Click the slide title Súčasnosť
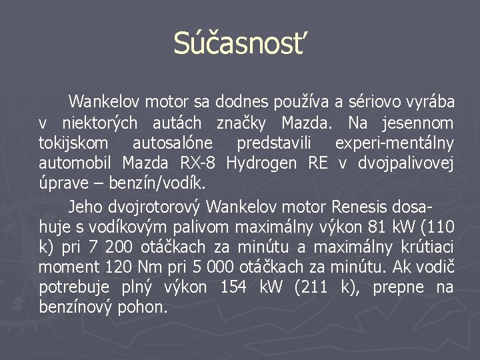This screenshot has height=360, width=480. [240, 44]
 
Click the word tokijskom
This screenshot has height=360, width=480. [72, 143]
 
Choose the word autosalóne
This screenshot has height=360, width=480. [173, 143]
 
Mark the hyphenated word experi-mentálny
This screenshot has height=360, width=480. [394, 143]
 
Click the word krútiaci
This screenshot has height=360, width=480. [430, 247]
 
